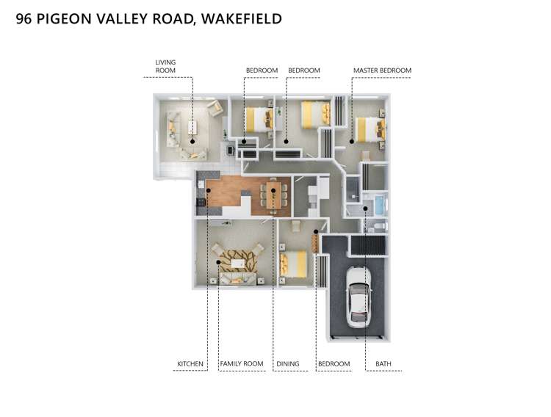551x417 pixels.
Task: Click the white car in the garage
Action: (x=358, y=297)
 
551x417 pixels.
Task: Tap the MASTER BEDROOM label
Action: (x=382, y=70)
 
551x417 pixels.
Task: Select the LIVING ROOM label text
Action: (x=165, y=66)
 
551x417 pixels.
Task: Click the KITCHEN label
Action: (x=190, y=363)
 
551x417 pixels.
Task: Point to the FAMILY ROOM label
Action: (x=242, y=363)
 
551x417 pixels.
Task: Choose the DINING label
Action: (x=288, y=363)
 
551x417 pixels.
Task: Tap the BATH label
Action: (x=383, y=363)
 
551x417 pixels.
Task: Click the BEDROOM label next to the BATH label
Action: (x=334, y=363)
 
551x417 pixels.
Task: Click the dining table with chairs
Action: (x=273, y=195)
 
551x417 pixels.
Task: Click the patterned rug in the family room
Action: (x=235, y=261)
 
